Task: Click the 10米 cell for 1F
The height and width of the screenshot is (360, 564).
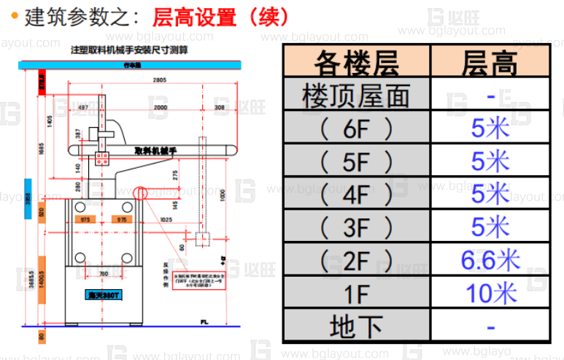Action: [491, 292]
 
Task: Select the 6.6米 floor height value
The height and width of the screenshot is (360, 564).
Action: [491, 259]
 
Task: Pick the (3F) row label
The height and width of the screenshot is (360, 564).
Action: [356, 227]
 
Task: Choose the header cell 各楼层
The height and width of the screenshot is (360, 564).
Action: [356, 64]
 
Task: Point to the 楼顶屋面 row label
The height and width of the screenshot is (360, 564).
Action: [356, 96]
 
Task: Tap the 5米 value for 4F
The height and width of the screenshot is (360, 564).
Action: [491, 194]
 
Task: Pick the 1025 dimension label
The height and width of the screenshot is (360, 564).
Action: [166, 219]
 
